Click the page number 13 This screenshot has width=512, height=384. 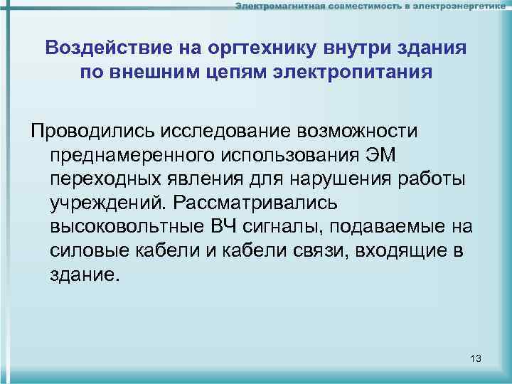pos(476,358)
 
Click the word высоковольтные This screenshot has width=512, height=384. pos(126,227)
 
